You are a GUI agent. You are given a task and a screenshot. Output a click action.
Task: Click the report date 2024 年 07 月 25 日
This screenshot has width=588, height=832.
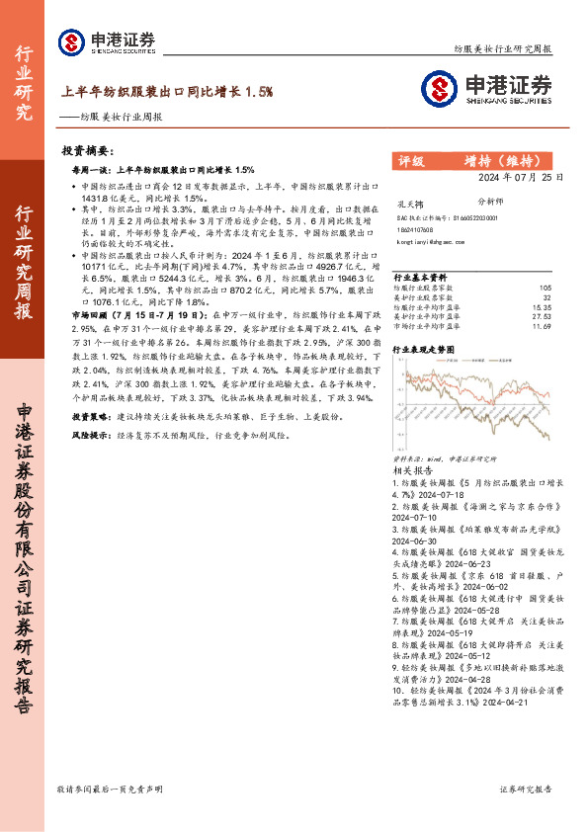tap(522, 178)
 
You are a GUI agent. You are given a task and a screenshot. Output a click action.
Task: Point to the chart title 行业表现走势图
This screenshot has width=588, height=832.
tap(425, 350)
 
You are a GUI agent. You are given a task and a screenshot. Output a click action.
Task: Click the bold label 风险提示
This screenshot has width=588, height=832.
tap(96, 435)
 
